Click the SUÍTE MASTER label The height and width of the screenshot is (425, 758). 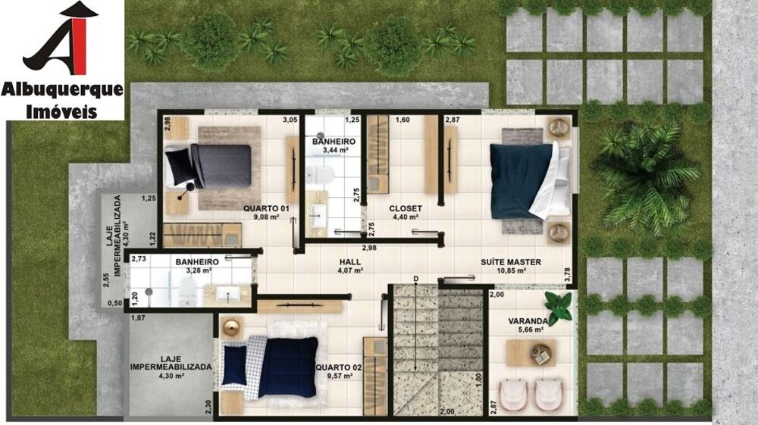coord(511,263)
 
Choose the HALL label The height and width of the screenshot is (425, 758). coord(349,261)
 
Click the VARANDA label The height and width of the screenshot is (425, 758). coord(528,320)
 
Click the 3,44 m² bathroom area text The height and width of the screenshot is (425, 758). coord(334,151)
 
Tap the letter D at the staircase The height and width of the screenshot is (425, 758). coord(415,280)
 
